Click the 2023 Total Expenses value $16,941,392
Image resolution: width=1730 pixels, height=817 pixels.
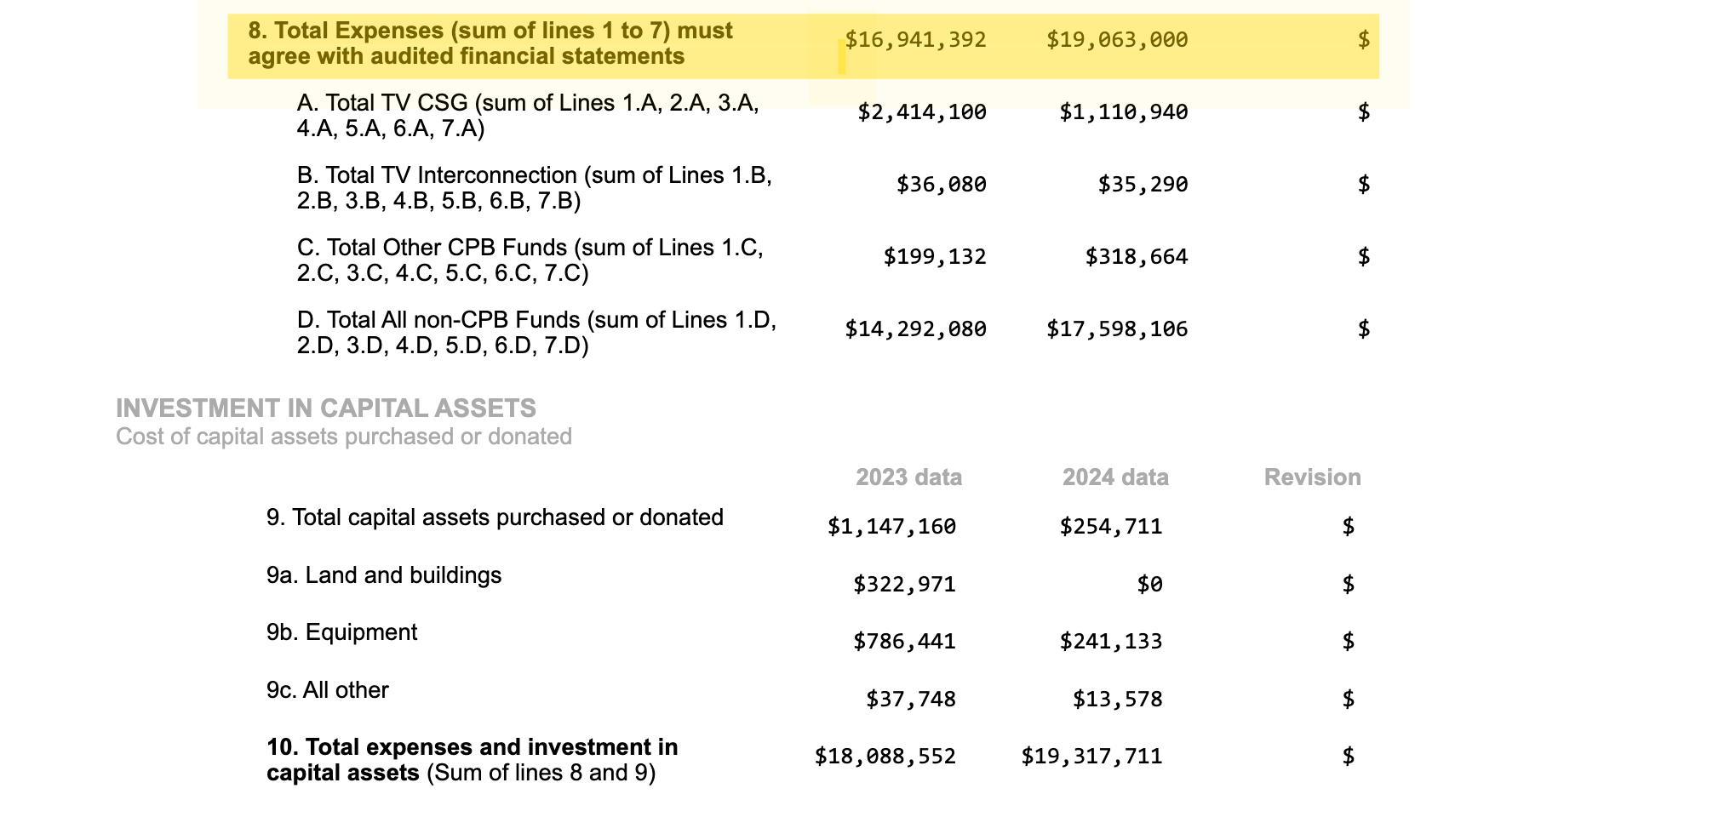915,40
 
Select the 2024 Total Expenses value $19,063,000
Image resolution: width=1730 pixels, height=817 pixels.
1117,40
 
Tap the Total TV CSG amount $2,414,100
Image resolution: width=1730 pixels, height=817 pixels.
922,112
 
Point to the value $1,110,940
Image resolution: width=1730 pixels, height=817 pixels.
1124,112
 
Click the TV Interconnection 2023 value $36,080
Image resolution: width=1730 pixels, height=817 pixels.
942,185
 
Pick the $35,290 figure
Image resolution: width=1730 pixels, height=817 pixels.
1143,185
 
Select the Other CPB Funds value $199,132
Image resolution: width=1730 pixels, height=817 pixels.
935,257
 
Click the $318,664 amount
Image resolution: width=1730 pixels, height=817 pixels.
1137,257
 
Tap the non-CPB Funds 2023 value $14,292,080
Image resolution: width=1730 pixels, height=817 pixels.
915,329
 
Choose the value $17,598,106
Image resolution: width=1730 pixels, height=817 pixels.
1117,329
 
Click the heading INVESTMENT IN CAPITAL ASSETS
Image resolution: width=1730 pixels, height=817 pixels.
326,408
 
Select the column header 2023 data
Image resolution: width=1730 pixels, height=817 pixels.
908,477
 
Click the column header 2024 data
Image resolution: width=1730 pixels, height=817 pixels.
1115,477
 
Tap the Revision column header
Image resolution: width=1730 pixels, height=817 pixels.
1312,477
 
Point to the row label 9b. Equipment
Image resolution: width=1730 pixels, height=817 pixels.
341,632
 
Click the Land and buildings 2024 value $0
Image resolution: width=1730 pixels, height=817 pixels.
1149,585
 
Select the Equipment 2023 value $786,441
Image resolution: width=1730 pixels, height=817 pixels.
904,642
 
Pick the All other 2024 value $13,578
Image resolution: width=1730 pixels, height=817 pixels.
1117,700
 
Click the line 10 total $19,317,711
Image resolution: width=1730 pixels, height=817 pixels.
1091,757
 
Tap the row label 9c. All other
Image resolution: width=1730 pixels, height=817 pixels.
327,690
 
